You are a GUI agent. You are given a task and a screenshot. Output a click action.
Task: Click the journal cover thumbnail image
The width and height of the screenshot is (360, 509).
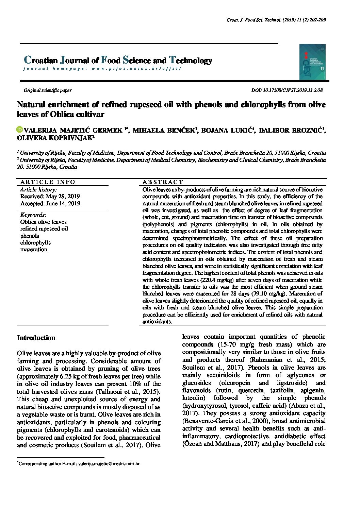(312, 62)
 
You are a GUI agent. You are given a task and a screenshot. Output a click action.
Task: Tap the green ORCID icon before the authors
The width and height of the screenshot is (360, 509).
(20, 130)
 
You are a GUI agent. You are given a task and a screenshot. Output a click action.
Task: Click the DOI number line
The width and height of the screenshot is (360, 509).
(287, 90)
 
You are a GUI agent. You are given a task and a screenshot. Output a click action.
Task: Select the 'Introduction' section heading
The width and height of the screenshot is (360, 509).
(36, 338)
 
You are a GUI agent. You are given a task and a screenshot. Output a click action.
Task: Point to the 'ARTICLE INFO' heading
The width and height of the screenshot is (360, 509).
(48, 182)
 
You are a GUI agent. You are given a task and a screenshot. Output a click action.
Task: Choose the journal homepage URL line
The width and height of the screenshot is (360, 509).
(102, 68)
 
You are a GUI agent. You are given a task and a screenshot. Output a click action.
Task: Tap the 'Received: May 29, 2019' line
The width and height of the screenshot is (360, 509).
(50, 197)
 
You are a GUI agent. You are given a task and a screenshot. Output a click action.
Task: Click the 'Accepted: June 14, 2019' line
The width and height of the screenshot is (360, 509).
(50, 204)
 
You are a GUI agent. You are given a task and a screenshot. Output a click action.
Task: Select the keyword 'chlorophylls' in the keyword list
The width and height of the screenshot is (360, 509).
(35, 242)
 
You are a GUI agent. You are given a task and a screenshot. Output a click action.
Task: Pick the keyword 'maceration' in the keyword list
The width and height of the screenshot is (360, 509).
(34, 249)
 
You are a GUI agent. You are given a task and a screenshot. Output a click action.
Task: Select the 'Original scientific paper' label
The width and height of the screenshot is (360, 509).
(48, 90)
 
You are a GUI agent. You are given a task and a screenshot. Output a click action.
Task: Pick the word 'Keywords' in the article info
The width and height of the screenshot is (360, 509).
(33, 215)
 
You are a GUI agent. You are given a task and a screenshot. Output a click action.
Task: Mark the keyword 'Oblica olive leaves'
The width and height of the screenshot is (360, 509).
(44, 222)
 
